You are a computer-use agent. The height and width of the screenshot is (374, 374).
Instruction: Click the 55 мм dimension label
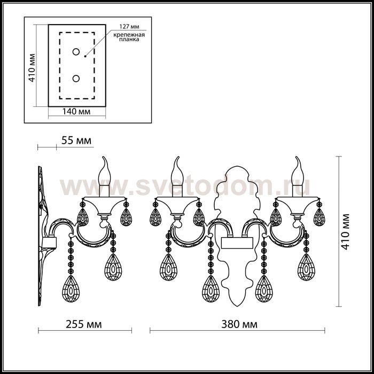tap(76, 141)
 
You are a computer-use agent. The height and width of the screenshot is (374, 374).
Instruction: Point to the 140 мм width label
tap(76, 111)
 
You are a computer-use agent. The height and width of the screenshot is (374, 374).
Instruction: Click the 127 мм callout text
tap(129, 27)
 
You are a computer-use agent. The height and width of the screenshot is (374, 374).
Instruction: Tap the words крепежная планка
tap(129, 37)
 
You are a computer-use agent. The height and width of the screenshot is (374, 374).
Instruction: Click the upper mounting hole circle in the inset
tap(76, 52)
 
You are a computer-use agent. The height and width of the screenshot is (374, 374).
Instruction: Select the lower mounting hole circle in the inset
tap(76, 79)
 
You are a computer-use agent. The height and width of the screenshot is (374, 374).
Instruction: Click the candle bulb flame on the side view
tap(104, 171)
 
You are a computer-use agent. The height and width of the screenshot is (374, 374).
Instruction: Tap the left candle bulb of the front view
tap(177, 171)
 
